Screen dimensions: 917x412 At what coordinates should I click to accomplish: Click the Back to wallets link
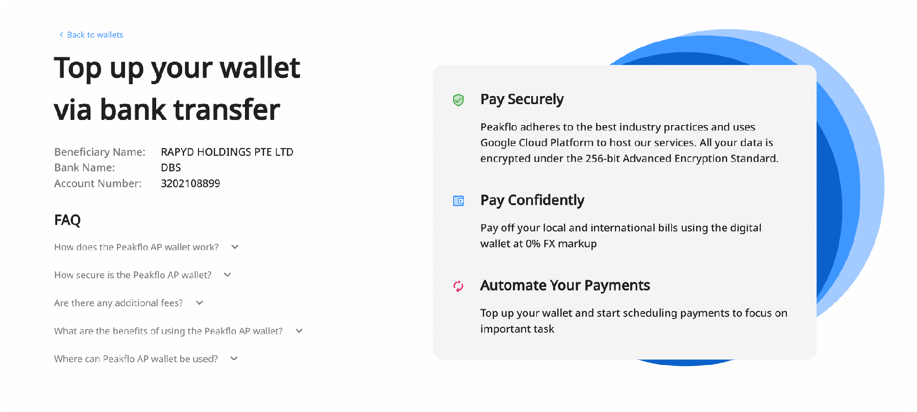click(x=91, y=35)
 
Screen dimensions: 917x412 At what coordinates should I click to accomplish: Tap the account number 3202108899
click(x=190, y=183)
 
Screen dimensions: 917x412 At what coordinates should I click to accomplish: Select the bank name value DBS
click(x=171, y=167)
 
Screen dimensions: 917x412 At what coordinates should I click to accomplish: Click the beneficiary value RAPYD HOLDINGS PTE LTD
click(x=227, y=152)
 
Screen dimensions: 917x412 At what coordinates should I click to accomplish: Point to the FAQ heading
click(x=67, y=220)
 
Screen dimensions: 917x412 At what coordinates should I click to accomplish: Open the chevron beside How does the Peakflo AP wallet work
click(x=235, y=247)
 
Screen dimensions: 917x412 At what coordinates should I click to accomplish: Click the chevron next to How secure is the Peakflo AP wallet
click(x=228, y=275)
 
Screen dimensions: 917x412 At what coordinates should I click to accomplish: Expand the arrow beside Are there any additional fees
click(x=200, y=303)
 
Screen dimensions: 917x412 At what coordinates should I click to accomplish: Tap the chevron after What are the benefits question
click(x=299, y=331)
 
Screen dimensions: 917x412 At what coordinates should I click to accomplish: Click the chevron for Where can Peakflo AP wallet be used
click(x=234, y=358)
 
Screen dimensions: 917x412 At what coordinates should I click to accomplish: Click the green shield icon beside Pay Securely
click(x=458, y=100)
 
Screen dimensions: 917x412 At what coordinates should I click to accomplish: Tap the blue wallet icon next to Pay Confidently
click(x=459, y=201)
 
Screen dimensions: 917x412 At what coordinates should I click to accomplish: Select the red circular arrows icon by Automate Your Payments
click(x=458, y=286)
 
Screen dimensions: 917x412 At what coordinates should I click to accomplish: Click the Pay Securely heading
click(x=522, y=100)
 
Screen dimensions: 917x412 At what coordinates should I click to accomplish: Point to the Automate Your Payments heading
click(x=565, y=285)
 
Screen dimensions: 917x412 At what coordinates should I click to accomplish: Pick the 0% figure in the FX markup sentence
click(x=533, y=244)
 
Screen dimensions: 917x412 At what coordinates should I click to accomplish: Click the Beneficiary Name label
click(x=100, y=152)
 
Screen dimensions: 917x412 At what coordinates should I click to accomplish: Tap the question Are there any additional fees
click(x=118, y=303)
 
